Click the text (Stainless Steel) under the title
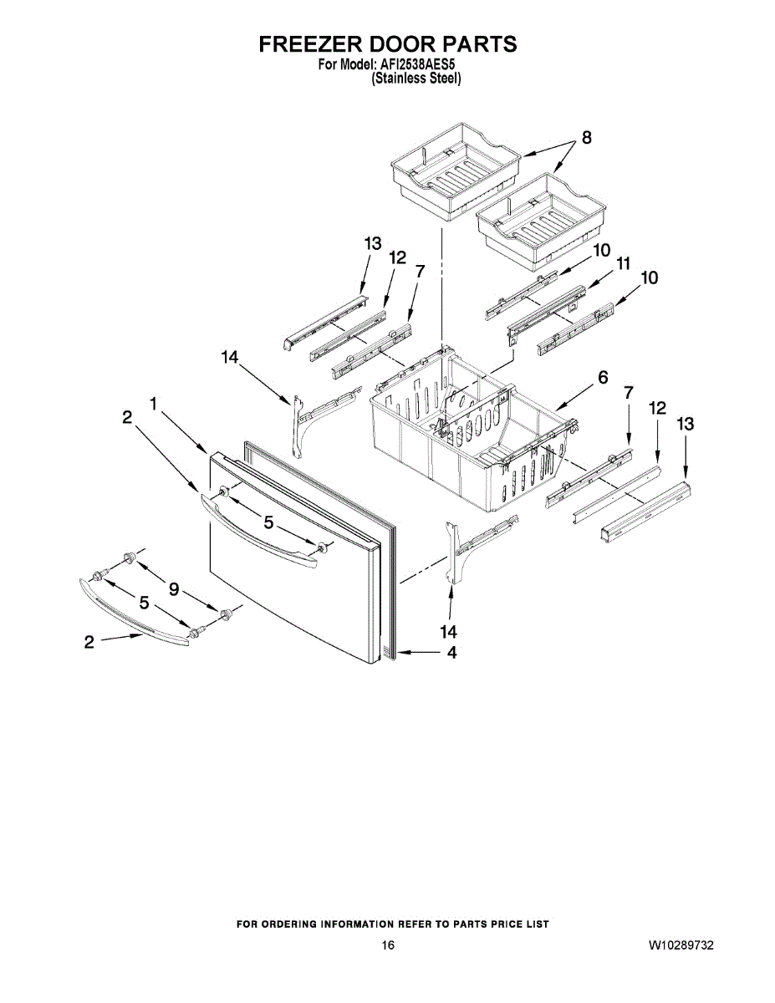(x=416, y=79)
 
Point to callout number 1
(x=154, y=404)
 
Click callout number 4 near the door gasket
(x=451, y=653)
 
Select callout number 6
(x=602, y=378)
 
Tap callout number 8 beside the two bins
(x=587, y=138)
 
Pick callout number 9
(x=174, y=589)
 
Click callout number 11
(x=622, y=263)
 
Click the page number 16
(x=387, y=945)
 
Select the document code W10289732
(x=681, y=945)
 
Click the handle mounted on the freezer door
(x=259, y=530)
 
